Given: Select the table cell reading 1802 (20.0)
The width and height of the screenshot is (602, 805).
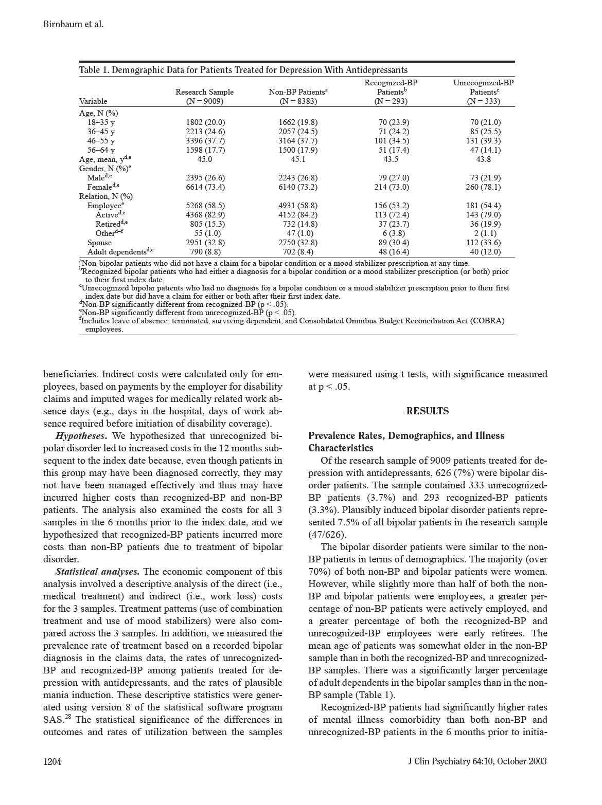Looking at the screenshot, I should (x=205, y=122).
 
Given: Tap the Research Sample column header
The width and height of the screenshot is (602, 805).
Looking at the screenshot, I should (x=204, y=92).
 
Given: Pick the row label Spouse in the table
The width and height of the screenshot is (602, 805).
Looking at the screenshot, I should (x=99, y=243).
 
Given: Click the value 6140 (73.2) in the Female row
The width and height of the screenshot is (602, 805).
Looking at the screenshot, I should (x=298, y=187).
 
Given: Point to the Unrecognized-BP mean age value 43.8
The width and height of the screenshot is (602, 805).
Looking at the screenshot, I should (x=483, y=159).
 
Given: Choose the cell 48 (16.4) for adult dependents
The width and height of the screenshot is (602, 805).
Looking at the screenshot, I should (x=391, y=252).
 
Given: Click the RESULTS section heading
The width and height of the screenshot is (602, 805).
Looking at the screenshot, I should (x=427, y=411).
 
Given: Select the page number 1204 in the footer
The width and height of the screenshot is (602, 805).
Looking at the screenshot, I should (x=52, y=762).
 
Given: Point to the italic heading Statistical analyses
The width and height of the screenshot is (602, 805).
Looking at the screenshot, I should (x=97, y=572).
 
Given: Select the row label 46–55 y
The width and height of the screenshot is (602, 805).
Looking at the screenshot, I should (x=101, y=141).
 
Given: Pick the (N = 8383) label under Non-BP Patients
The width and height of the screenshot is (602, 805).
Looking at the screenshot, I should (x=298, y=101).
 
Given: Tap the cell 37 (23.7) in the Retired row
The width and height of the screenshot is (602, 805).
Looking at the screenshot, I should (x=391, y=224).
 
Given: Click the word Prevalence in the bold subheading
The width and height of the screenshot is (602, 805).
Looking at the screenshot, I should (x=333, y=436).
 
